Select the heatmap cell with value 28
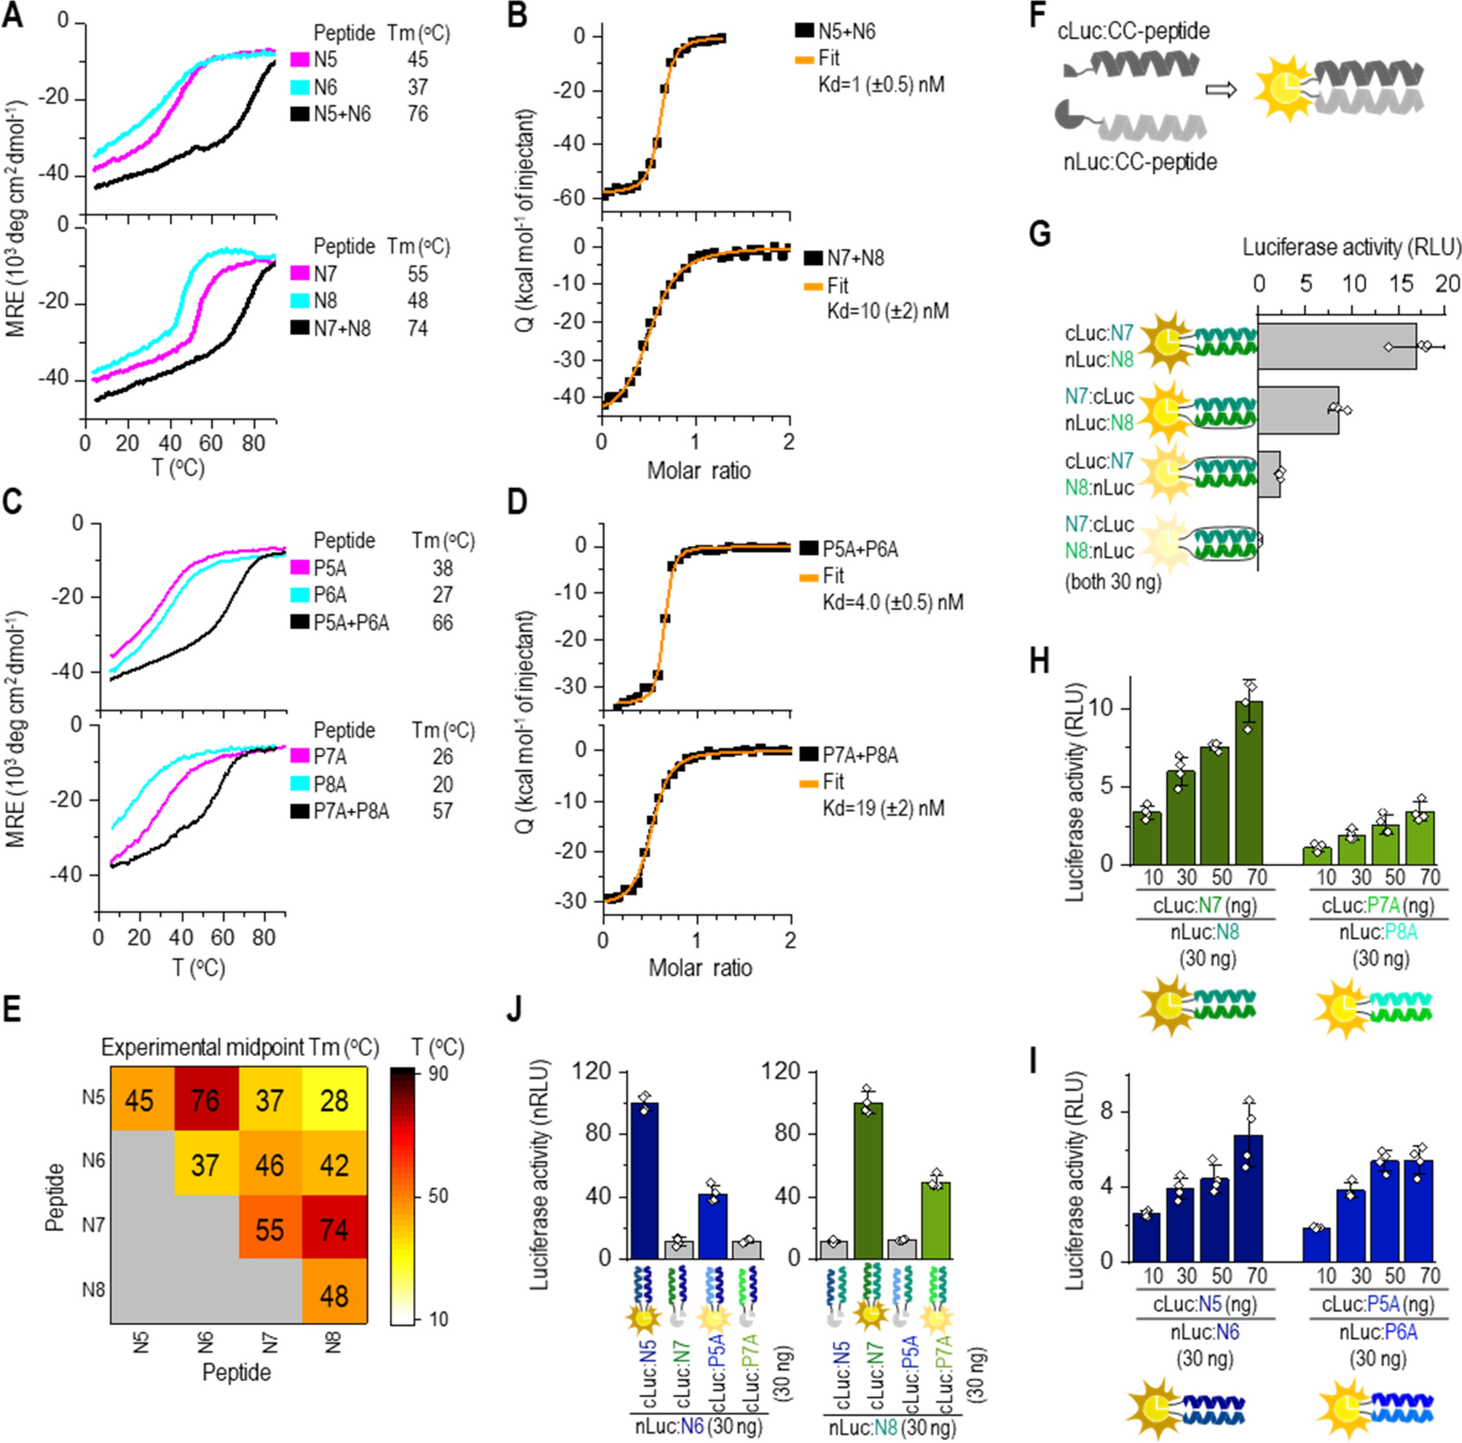(x=334, y=1100)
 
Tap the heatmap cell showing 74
(x=334, y=1230)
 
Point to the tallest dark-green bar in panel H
(x=1249, y=782)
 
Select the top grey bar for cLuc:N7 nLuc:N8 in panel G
(x=1337, y=347)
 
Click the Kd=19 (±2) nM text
(x=883, y=809)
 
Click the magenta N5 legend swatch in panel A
(x=300, y=60)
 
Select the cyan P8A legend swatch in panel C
(x=300, y=785)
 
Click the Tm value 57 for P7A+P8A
(x=442, y=811)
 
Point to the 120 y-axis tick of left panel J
(x=592, y=1072)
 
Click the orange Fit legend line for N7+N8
(x=814, y=287)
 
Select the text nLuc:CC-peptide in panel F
(x=1136, y=162)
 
